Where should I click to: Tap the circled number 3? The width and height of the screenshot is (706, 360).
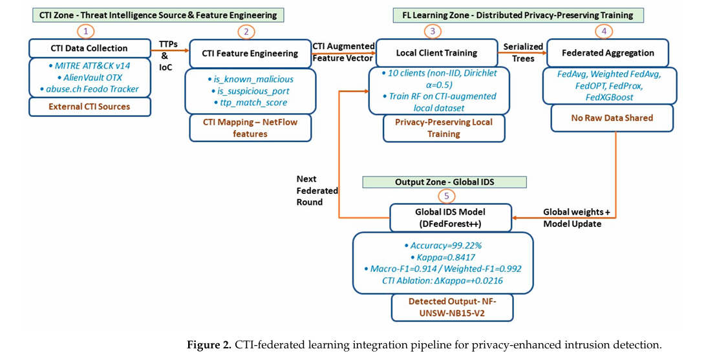click(x=433, y=30)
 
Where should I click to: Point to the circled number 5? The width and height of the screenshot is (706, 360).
click(x=446, y=195)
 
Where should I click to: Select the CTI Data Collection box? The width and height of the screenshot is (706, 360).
click(x=90, y=48)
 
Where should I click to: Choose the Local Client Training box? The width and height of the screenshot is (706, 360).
click(x=437, y=53)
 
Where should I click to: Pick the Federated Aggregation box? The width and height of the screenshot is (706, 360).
click(x=608, y=53)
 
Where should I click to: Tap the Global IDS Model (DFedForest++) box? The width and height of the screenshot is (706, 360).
click(x=451, y=217)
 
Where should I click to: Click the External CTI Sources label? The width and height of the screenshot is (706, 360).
click(x=90, y=107)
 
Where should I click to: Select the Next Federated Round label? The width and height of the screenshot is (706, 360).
click(x=317, y=190)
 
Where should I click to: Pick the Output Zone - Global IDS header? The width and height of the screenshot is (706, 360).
click(x=444, y=182)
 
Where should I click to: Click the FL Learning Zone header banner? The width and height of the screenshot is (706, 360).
click(x=513, y=15)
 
